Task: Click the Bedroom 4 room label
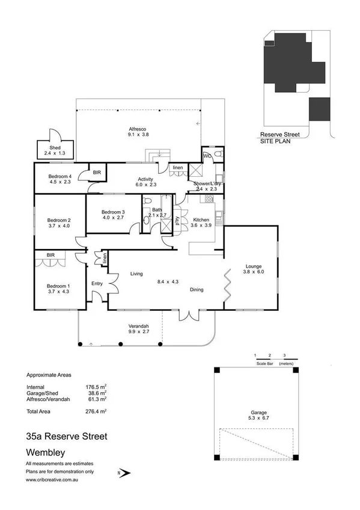(60, 176)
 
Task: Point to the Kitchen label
(201, 220)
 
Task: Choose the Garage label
(258, 413)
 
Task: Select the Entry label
(97, 284)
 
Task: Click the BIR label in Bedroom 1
(42, 254)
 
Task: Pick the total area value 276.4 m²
(97, 411)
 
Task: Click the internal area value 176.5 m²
(97, 387)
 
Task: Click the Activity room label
(145, 179)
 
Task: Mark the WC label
(206, 156)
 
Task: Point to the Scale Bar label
(266, 363)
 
